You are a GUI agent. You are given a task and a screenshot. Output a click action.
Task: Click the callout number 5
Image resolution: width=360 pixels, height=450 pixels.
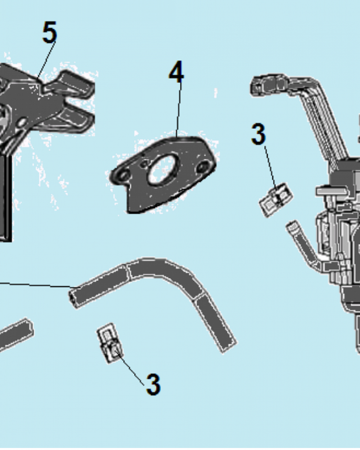[x=49, y=32]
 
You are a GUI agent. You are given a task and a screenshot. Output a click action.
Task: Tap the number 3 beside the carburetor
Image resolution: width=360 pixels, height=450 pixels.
[x=258, y=134]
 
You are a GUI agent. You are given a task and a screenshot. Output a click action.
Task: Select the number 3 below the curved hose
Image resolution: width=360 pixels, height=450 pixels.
[x=153, y=385]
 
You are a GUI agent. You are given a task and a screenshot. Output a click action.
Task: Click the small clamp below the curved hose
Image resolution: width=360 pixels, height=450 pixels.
[x=110, y=342]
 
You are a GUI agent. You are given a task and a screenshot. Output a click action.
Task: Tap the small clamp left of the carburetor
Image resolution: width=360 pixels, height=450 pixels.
[x=276, y=199]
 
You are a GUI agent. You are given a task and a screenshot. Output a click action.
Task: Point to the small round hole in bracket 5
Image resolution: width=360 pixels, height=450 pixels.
[x=22, y=124]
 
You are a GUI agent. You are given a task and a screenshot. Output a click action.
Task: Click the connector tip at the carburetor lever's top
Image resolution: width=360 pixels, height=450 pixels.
[x=260, y=84]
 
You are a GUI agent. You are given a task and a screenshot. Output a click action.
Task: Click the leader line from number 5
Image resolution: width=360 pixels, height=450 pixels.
[x=45, y=59]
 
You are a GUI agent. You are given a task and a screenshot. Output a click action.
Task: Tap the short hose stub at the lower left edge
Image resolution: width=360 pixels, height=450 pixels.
[x=16, y=335]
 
